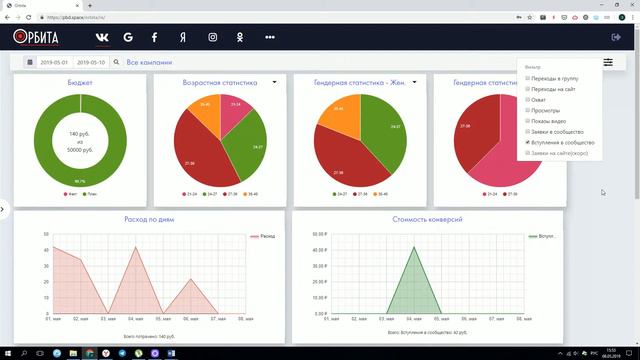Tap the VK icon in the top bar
(x=102, y=37)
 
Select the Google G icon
(x=128, y=37)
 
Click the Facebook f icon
(x=154, y=37)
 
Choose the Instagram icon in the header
(x=212, y=37)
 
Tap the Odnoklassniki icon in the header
(x=241, y=37)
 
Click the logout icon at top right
(x=616, y=37)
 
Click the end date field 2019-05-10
(x=96, y=63)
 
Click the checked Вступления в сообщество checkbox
(x=528, y=143)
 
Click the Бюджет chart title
(x=81, y=82)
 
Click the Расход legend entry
(x=263, y=236)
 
